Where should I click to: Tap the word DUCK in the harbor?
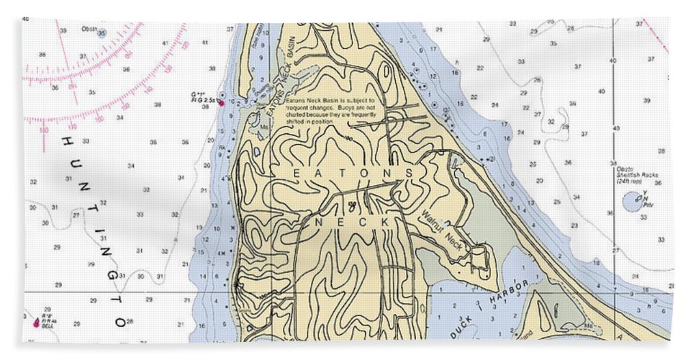tap(464, 328)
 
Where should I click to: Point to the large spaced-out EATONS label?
tap(354, 174)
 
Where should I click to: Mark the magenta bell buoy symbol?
tap(35, 321)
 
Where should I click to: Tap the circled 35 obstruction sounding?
tap(101, 33)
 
